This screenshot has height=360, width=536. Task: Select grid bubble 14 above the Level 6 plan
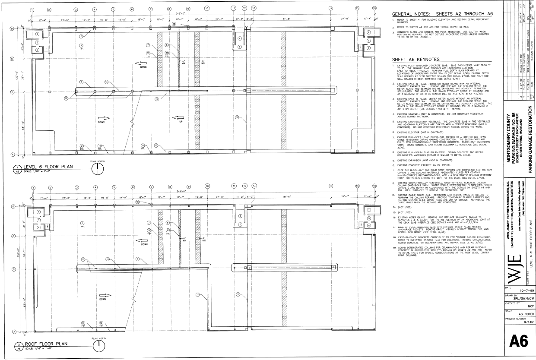(331, 9)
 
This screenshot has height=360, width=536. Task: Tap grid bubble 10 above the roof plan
(206, 176)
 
